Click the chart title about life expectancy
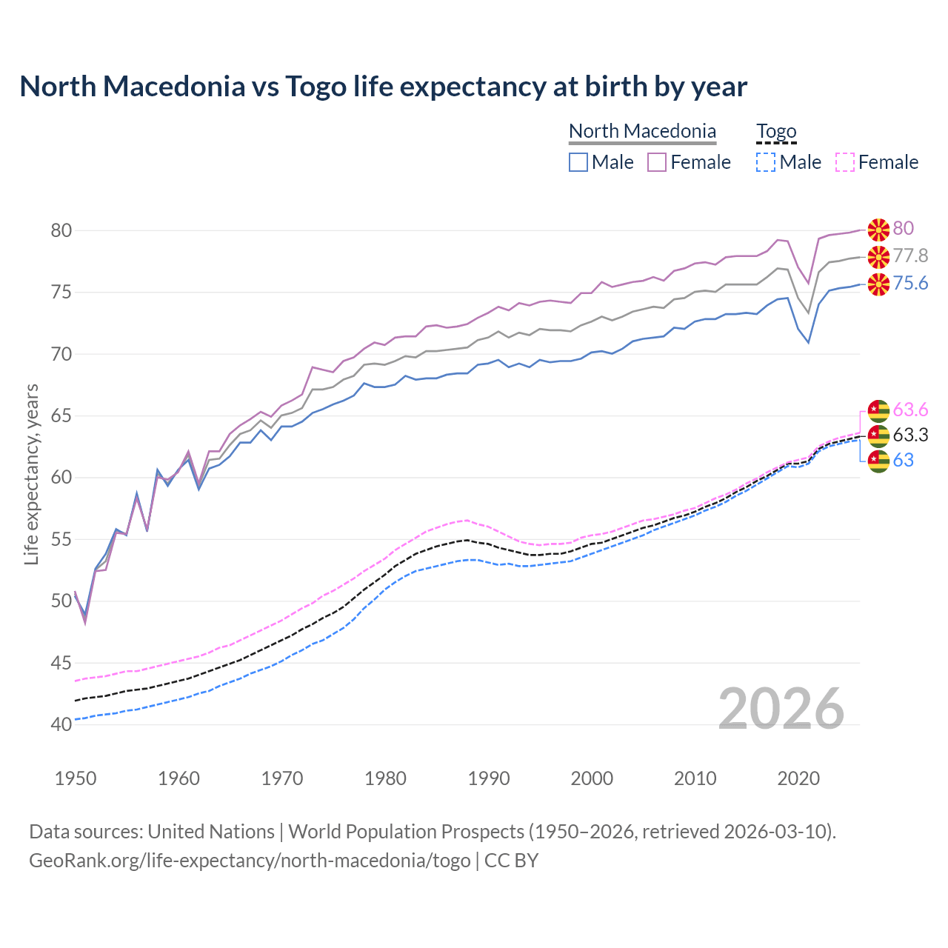tap(383, 87)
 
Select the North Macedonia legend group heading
tap(642, 131)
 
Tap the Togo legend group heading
tap(775, 131)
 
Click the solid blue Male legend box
tap(578, 162)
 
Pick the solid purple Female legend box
tap(657, 162)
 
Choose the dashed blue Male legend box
tap(766, 162)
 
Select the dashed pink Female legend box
tap(845, 162)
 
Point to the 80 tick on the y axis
tap(61, 230)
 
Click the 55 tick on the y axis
tap(61, 539)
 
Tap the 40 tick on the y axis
tap(61, 724)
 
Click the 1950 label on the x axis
tap(76, 778)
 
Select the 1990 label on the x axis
tap(489, 778)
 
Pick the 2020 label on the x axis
tap(798, 778)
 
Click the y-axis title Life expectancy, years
tap(31, 474)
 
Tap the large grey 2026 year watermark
tap(781, 709)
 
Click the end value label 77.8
tap(910, 256)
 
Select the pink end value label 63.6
tap(910, 410)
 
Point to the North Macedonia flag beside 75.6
tap(878, 284)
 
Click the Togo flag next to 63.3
tap(878, 435)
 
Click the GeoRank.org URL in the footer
tap(250, 861)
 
